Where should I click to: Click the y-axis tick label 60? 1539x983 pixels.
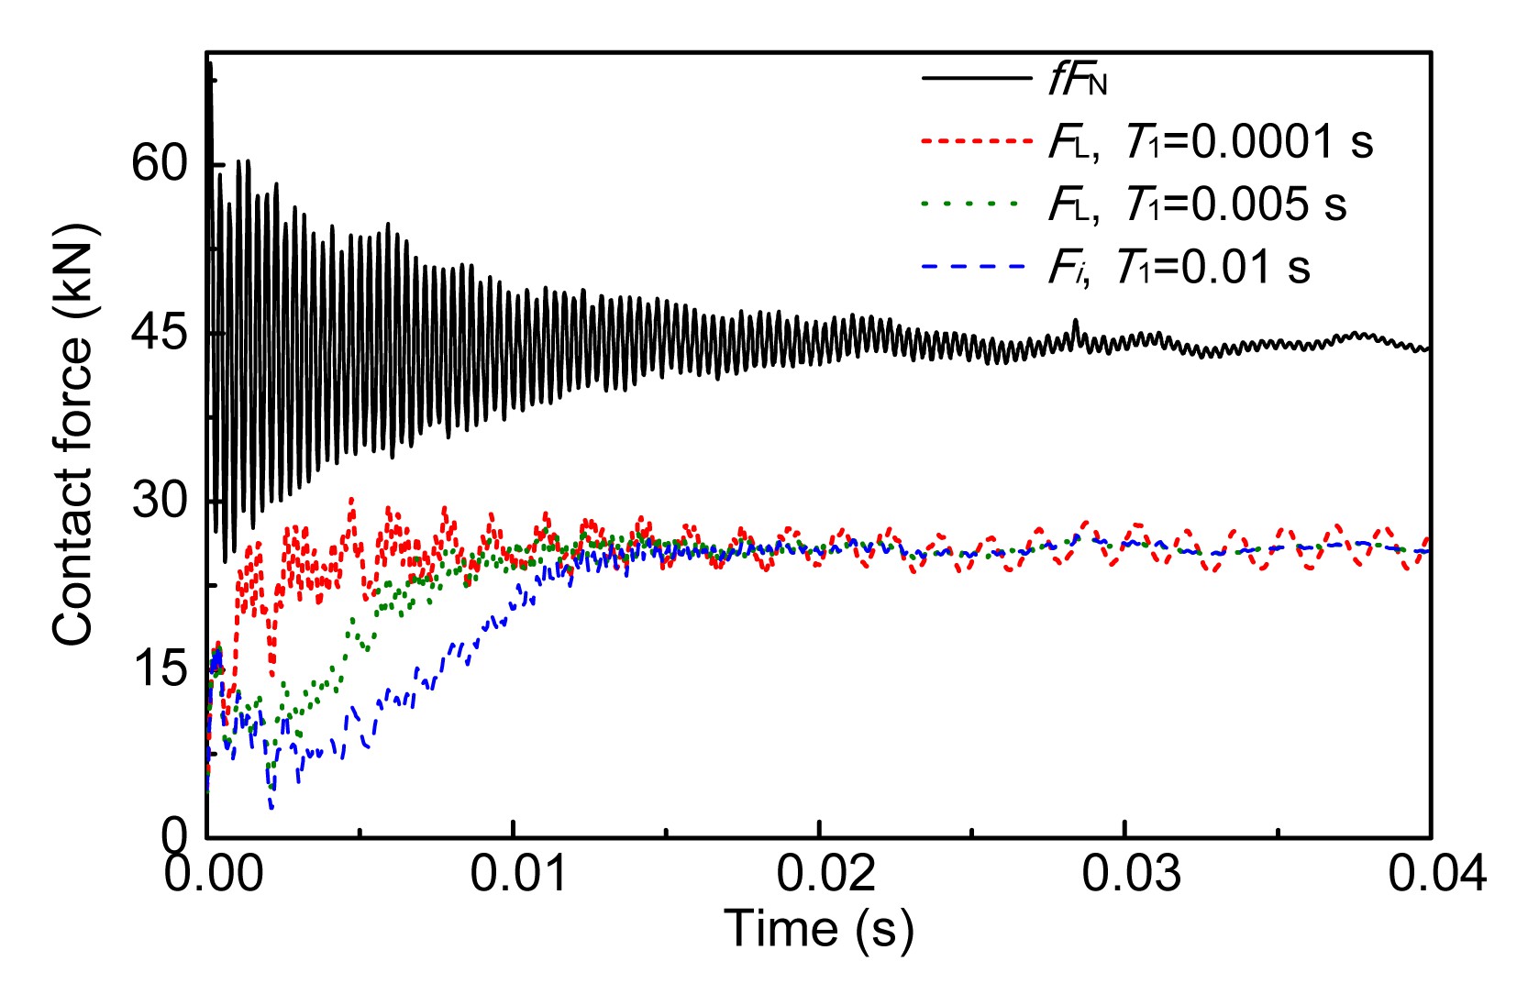[x=159, y=165]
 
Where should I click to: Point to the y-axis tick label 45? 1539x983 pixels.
[x=159, y=333]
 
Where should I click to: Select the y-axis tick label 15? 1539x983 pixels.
[x=159, y=668]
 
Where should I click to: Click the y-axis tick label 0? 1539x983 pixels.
[x=173, y=835]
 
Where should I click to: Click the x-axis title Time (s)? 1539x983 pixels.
[x=819, y=929]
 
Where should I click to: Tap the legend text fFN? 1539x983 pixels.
[x=1078, y=82]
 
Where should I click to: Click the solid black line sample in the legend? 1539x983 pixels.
[x=977, y=78]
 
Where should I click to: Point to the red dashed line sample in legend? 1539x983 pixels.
[x=977, y=140]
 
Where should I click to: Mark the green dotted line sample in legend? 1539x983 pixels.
[x=971, y=203]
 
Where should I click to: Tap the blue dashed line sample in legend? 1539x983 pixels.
[x=971, y=266]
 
